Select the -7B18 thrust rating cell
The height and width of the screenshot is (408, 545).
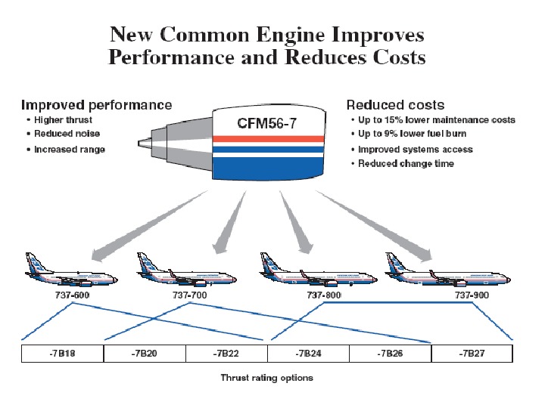tap(62, 353)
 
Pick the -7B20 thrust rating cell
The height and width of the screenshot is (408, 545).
tap(144, 353)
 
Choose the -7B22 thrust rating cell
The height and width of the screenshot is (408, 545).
tap(226, 353)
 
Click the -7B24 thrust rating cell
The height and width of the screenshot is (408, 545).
tap(308, 353)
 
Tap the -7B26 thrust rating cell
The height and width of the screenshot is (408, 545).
tap(390, 353)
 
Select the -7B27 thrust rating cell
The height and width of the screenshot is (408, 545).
tap(472, 353)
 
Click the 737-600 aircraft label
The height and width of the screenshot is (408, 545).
tap(71, 295)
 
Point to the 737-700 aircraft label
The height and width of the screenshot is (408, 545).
tap(190, 295)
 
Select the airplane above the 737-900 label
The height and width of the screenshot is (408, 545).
tap(431, 270)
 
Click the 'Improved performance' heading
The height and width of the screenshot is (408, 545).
tap(96, 105)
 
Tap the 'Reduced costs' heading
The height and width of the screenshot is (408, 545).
tap(395, 105)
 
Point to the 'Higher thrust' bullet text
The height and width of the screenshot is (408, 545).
tap(64, 120)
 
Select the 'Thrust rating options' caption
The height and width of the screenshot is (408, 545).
tap(266, 377)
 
